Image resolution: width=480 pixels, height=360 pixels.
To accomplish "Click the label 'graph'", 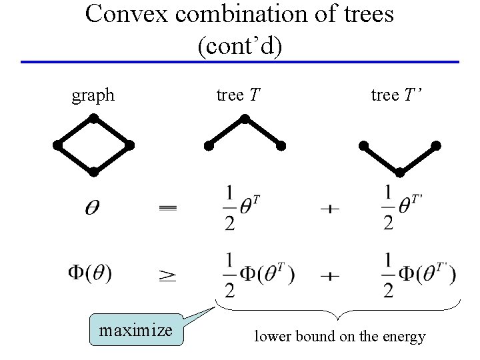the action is click(93, 95).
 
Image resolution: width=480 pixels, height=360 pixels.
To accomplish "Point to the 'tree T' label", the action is click(238, 95).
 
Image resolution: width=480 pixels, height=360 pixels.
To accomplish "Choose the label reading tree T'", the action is click(397, 95).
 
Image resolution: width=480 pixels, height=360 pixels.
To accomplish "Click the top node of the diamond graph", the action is click(94, 119).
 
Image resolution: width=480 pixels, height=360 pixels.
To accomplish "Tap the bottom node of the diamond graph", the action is click(94, 172).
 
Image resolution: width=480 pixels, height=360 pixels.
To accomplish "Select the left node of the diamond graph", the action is click(58, 145).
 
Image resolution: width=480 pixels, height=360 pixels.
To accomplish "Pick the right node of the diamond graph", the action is click(130, 145).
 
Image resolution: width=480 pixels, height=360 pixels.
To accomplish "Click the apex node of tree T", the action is click(245, 119).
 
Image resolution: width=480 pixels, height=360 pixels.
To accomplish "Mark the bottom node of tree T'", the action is click(400, 172).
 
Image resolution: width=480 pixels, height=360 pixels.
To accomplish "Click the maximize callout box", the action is click(136, 330).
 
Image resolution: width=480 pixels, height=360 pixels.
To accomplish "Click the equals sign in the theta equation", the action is click(168, 209).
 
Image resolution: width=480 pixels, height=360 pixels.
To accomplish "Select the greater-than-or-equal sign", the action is click(167, 273).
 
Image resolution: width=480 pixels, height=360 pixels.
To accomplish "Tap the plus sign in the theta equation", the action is click(329, 209).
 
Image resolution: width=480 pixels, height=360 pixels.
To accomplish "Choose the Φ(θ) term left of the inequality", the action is click(90, 272).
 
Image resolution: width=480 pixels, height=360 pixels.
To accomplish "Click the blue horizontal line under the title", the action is click(240, 62).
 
